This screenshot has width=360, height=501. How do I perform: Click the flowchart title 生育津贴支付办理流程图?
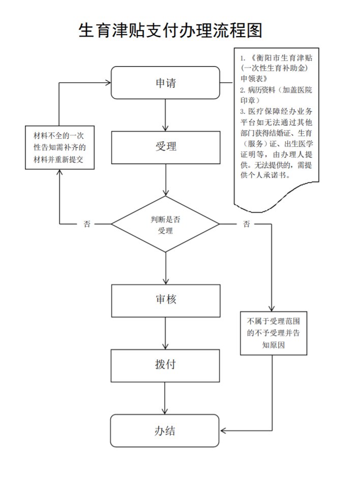point(170,31)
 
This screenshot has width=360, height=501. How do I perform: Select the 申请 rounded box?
point(165,83)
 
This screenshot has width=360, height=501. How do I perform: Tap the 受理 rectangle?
point(166,147)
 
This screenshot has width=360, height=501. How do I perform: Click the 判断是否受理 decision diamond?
point(165,224)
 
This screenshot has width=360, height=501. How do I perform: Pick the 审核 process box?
point(166,300)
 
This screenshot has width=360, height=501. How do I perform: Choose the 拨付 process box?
point(166,365)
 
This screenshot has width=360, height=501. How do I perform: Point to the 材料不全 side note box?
point(59,148)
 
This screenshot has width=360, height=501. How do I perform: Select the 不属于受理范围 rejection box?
point(274,333)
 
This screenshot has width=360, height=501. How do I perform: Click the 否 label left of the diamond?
point(87,224)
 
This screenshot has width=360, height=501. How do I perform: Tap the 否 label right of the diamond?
point(246,224)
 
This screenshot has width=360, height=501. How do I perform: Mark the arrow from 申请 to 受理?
point(166,115)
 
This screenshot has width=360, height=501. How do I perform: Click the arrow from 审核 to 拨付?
point(166,333)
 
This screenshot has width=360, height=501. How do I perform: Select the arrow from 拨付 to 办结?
point(165,398)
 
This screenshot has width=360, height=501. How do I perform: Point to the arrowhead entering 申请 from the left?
point(107,83)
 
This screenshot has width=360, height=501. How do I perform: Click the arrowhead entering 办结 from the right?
point(223,431)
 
